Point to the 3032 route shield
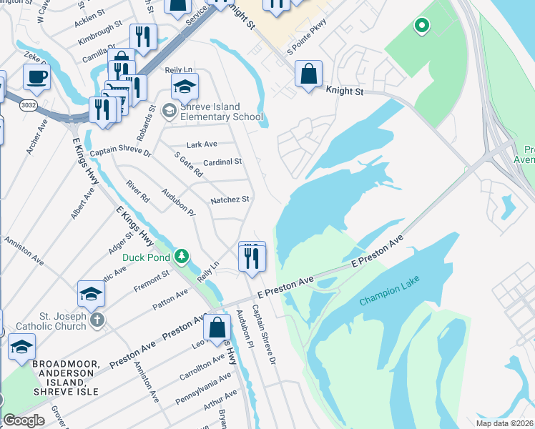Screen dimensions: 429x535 click(x=28, y=104)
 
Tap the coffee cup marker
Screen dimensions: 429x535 click(x=36, y=76)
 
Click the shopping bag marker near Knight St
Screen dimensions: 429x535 click(x=308, y=74)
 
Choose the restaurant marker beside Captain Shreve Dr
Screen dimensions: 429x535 click(x=251, y=257)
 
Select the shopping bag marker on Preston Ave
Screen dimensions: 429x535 click(x=217, y=328)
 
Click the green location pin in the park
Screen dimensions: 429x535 click(x=422, y=26)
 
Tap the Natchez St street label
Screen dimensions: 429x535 click(x=229, y=200)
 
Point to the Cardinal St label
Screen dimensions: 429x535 click(x=222, y=162)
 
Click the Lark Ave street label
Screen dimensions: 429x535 click(x=201, y=144)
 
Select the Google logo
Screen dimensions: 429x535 click(x=24, y=420)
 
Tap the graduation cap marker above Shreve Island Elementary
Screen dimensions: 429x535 click(x=185, y=87)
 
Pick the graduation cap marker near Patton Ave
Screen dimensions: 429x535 click(x=92, y=293)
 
